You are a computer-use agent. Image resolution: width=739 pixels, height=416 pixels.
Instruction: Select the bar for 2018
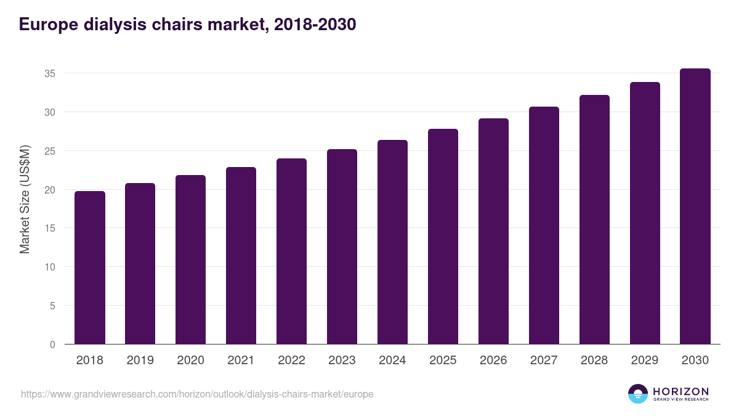(x=90, y=267)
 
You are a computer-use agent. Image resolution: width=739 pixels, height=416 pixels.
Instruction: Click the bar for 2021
(x=241, y=256)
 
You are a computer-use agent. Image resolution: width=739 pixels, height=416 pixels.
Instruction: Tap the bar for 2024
(x=392, y=242)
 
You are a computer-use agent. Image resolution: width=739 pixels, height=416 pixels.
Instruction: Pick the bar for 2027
(x=544, y=226)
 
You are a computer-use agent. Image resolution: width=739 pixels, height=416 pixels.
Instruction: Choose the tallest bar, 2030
(x=695, y=206)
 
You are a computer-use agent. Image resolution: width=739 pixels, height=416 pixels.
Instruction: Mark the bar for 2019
(x=140, y=264)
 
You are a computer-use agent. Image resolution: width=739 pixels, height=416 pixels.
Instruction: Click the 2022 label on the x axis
(x=291, y=361)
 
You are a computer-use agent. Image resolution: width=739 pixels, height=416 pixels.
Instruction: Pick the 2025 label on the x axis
(x=443, y=361)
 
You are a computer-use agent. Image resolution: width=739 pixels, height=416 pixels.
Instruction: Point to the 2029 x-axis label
(x=645, y=361)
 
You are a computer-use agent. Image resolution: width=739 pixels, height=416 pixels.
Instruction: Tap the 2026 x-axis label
(x=493, y=361)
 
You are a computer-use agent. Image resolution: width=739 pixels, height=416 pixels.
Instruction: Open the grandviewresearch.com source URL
(x=197, y=394)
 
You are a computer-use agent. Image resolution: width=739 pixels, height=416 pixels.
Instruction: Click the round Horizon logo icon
(x=637, y=394)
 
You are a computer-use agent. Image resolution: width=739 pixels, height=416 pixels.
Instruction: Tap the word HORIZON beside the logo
(x=680, y=391)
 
